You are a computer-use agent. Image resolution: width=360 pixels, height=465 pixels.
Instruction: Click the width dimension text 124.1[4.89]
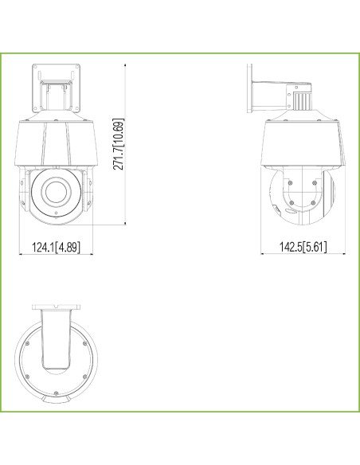[56, 247]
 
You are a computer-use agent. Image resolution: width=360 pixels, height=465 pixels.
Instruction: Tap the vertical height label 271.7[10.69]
[119, 144]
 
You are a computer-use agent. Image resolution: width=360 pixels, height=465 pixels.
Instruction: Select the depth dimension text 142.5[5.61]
[303, 247]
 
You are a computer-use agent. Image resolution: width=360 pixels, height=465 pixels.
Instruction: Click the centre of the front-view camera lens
[56, 191]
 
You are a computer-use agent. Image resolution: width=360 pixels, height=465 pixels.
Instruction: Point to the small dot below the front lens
[57, 213]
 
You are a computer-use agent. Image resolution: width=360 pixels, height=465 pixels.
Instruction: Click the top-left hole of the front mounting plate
[36, 67]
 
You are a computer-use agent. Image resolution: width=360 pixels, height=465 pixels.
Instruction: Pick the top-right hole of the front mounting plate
[76, 67]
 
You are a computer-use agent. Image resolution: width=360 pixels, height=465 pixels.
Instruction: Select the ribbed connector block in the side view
[302, 101]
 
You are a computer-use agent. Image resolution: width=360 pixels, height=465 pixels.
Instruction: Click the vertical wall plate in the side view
[249, 88]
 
